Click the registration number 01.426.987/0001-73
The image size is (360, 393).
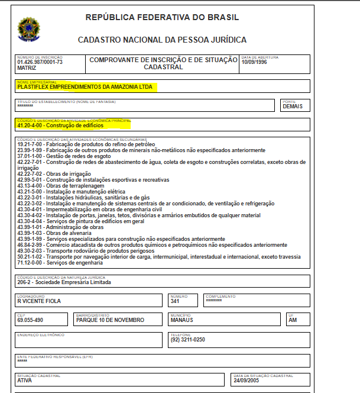pos(40,62)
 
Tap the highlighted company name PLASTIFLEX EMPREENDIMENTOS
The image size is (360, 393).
pos(85,86)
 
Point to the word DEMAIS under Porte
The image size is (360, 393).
pos(293,107)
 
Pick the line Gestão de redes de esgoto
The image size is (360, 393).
pos(65,156)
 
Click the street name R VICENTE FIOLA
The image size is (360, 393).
pos(39,301)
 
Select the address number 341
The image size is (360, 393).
pos(176,301)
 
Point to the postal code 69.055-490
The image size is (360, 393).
pos(30,320)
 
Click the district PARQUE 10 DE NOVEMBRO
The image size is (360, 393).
pos(111,320)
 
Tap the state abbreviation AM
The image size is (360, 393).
pos(291,320)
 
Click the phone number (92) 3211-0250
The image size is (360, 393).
pos(188,340)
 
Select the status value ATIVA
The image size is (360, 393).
pos(25,381)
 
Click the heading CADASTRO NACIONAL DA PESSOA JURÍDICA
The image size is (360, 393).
pos(162,40)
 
